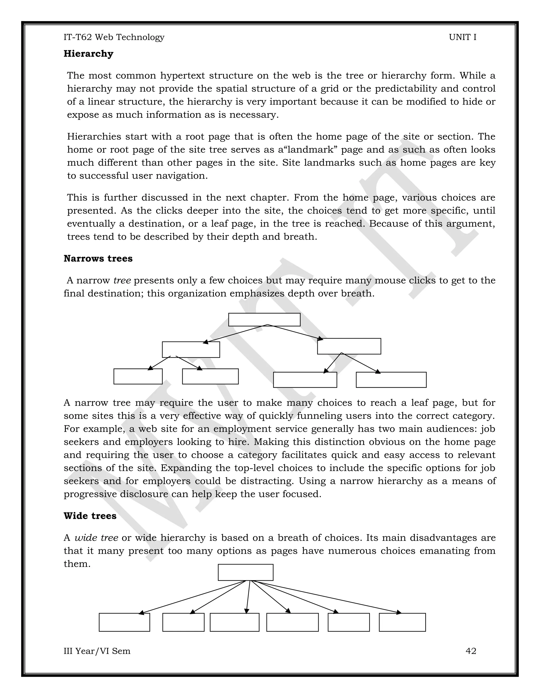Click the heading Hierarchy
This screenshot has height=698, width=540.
tap(88, 54)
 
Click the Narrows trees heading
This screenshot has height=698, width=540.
tap(98, 259)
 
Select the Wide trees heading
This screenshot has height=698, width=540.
tap(90, 516)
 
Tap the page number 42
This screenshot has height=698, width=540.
tap(471, 651)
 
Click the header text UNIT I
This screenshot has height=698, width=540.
tap(462, 37)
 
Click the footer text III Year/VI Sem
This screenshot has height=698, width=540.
tap(97, 651)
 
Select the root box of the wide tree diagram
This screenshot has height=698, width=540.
tap(245, 572)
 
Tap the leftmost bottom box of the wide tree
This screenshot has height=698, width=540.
tap(124, 622)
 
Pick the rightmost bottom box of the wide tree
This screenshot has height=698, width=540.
tap(402, 622)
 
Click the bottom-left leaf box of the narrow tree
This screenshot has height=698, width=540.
tap(138, 376)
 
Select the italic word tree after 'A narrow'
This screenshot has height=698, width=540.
tap(122, 281)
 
